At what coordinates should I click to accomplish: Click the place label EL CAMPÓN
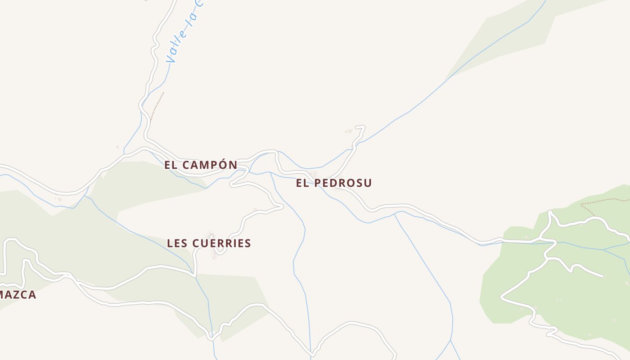coord(201,165)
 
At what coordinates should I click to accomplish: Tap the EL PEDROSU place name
coord(334,183)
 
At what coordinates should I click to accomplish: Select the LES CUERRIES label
coord(209,243)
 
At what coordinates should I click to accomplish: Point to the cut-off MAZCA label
coord(18,295)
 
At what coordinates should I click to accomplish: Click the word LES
coord(176,243)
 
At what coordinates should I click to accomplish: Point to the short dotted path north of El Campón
coord(157,106)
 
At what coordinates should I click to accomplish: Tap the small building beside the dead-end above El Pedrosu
coord(348,131)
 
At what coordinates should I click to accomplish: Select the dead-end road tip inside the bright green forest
coord(602,275)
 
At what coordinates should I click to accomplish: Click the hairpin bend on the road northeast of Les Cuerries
coord(281,207)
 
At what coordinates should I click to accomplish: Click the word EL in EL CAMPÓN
coord(170,165)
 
